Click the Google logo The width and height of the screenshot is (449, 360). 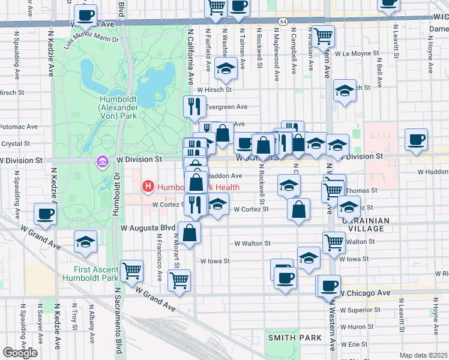click(20, 353)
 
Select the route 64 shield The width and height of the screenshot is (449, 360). click(282, 22)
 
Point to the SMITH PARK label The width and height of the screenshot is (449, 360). click(295, 338)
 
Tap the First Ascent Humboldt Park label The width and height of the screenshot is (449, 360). click(96, 274)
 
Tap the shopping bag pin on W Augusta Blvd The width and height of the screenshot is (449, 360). click(189, 234)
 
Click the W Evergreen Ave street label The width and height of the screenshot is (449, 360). click(224, 106)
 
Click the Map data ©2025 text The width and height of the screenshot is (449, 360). click(423, 355)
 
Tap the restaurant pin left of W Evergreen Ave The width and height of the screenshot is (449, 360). click(194, 107)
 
